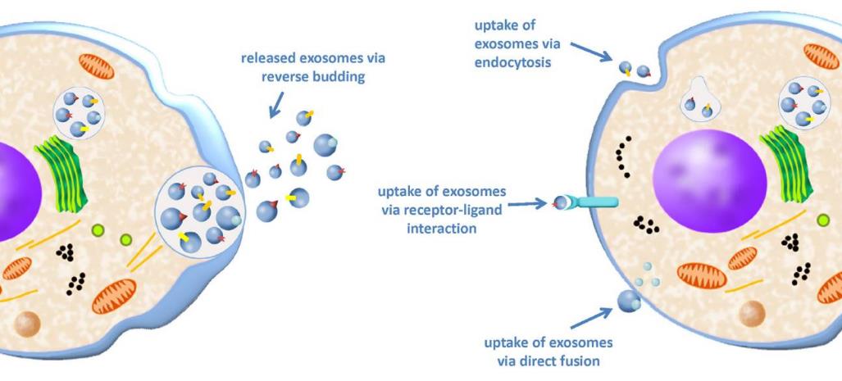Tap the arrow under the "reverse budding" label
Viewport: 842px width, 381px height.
click(x=277, y=102)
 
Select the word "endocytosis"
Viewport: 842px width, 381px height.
click(x=516, y=61)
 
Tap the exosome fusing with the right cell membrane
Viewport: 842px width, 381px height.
click(x=629, y=302)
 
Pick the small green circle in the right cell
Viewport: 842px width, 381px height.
click(x=823, y=220)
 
